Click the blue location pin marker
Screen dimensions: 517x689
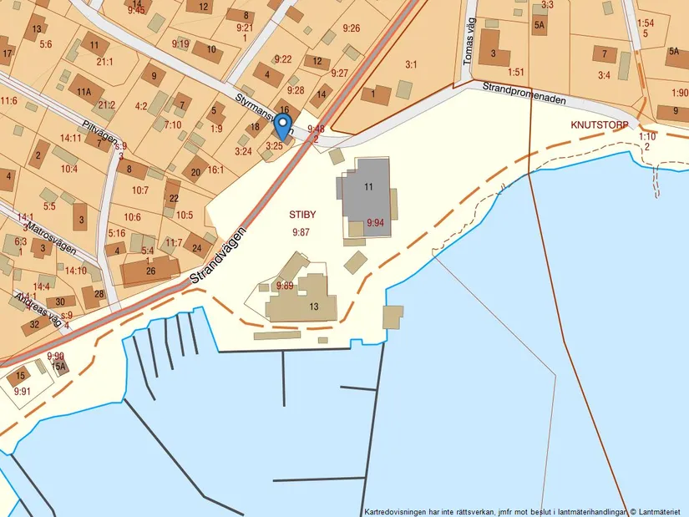(x=282, y=127)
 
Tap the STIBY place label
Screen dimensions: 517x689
(x=302, y=215)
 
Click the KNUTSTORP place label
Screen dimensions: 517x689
(x=599, y=124)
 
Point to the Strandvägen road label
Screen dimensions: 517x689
(x=218, y=251)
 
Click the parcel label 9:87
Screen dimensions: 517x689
(x=301, y=232)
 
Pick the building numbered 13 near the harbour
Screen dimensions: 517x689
(x=314, y=307)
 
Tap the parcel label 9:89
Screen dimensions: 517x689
(x=284, y=286)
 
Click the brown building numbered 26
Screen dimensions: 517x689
(x=150, y=271)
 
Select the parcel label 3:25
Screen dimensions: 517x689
(x=275, y=146)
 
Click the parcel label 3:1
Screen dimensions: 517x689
(x=411, y=64)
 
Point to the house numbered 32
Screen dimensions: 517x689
(x=35, y=324)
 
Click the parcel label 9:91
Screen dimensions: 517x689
(x=22, y=391)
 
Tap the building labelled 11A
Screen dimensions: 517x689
(x=84, y=92)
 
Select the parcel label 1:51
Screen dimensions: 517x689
(x=515, y=72)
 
